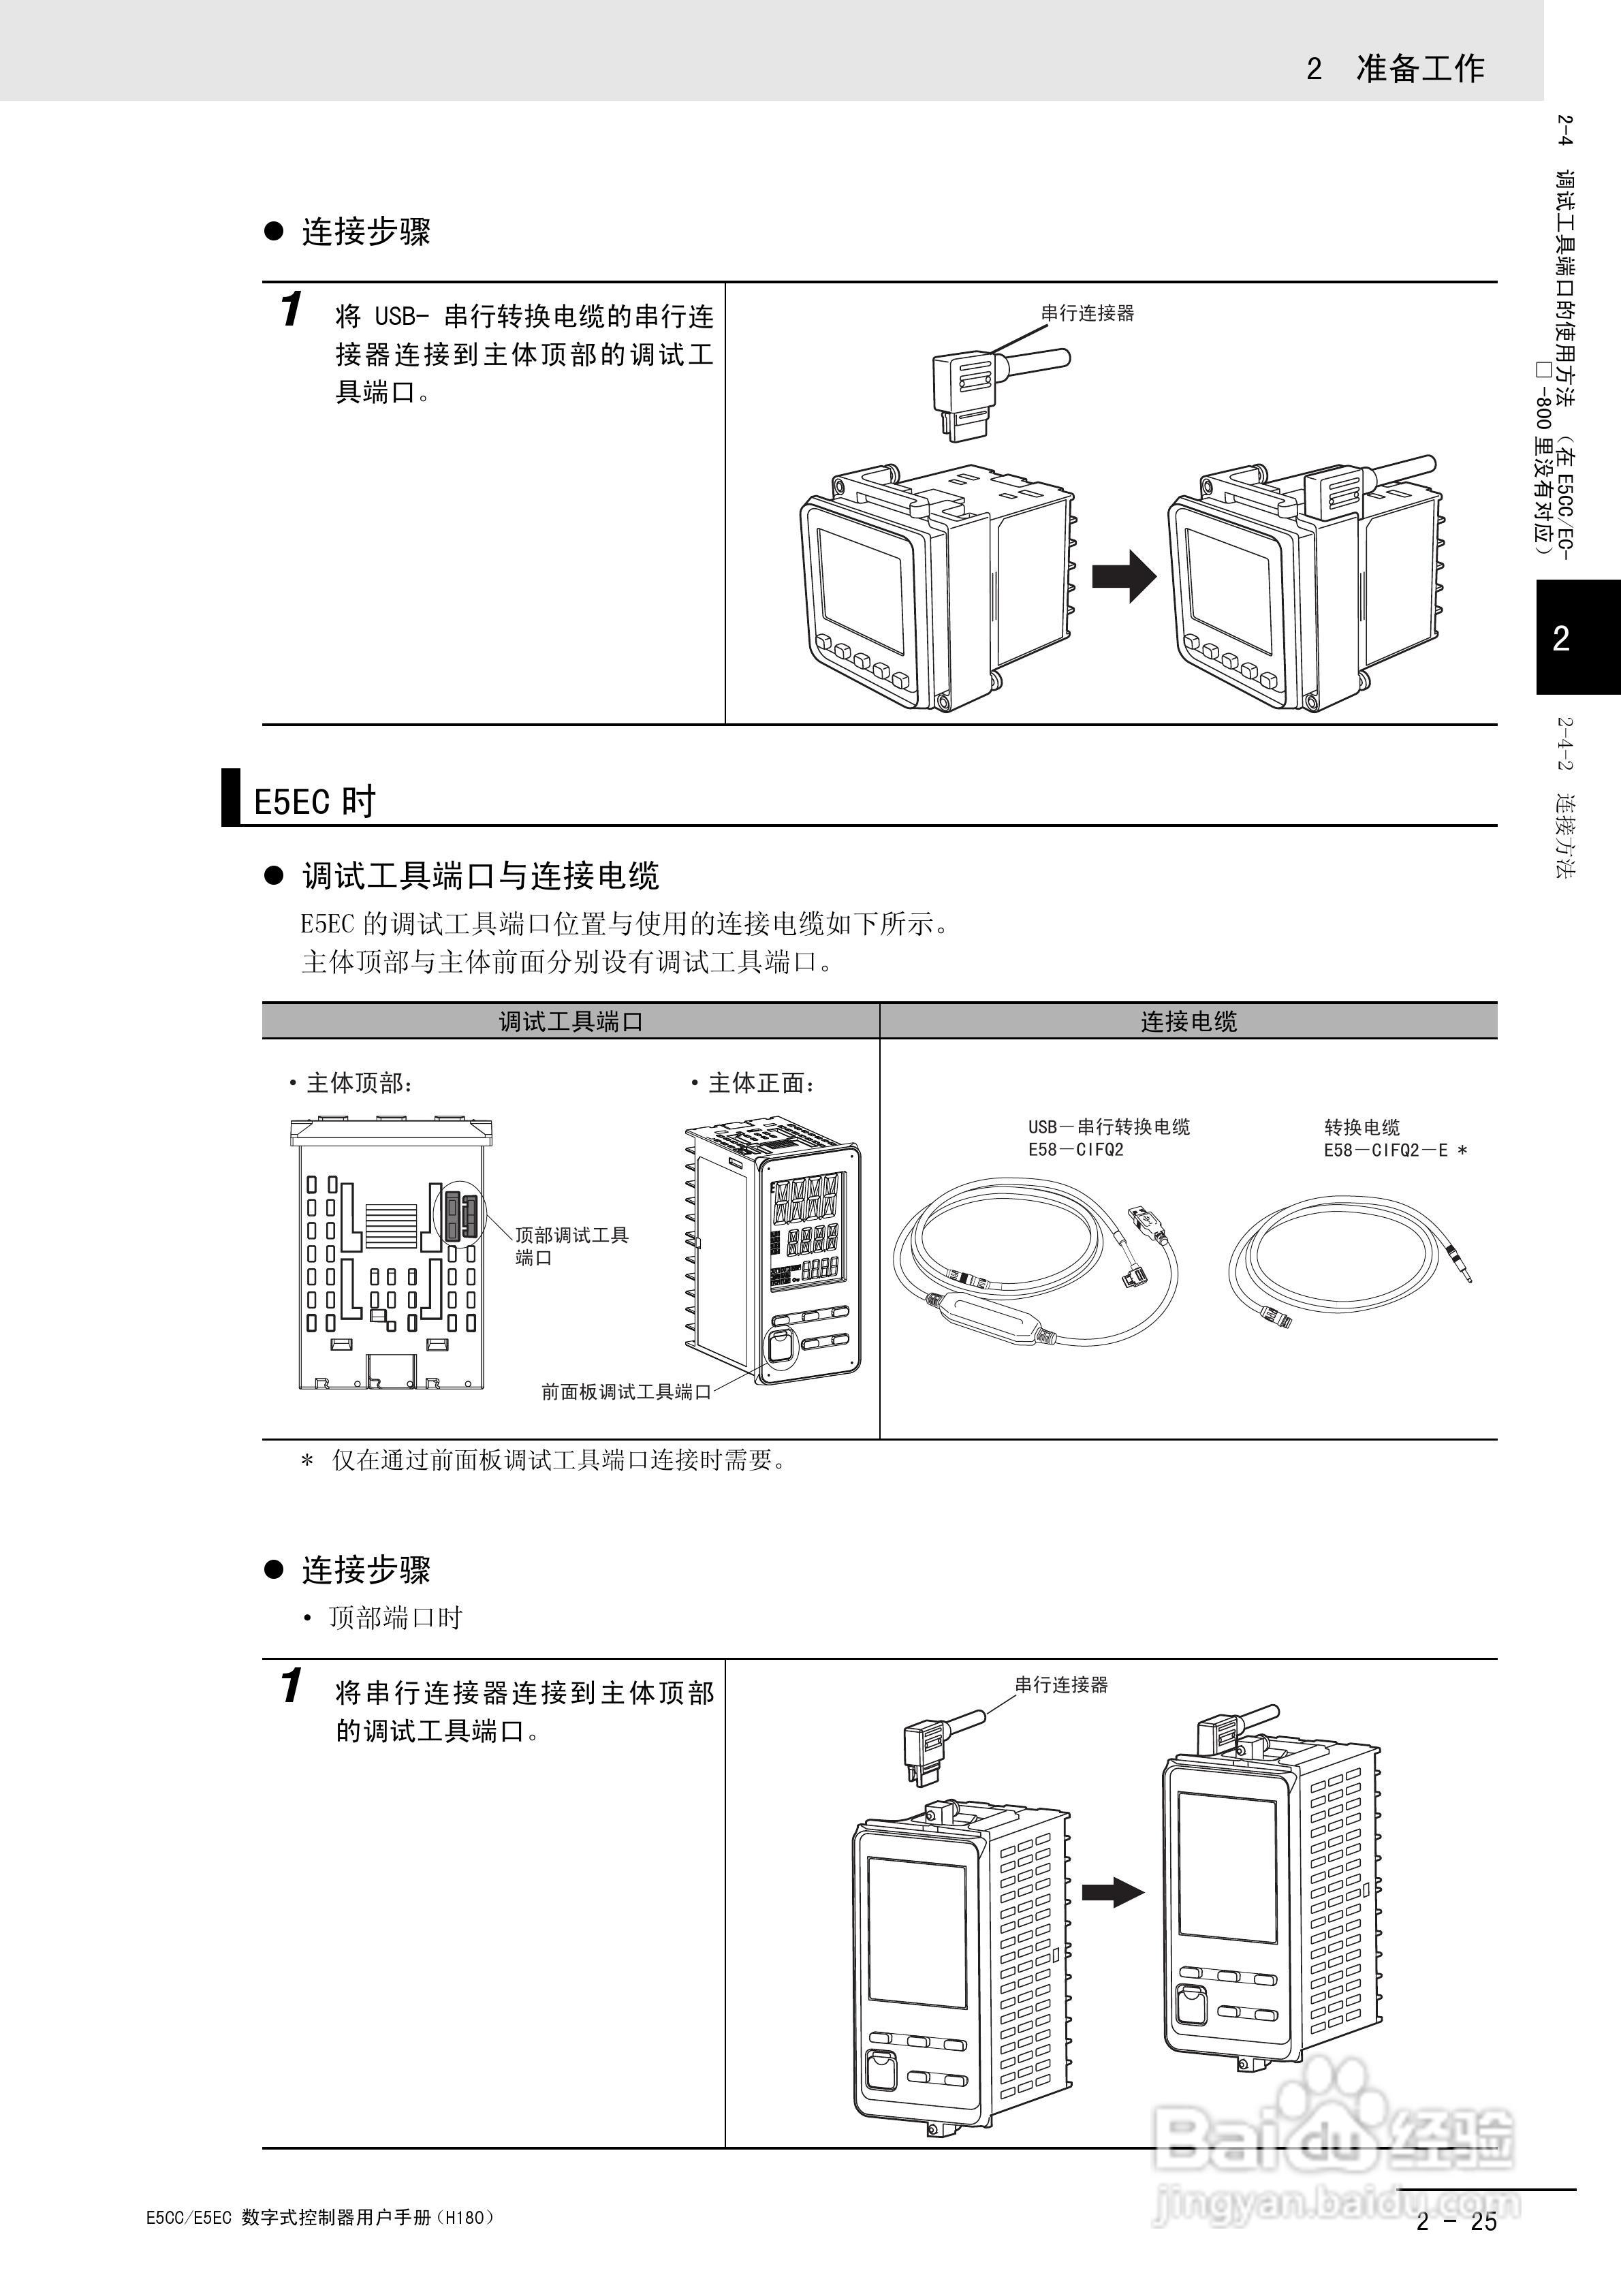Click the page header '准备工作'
click(1419, 68)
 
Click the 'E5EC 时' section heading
click(314, 801)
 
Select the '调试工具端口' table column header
click(571, 1021)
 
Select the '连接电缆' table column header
click(1189, 1021)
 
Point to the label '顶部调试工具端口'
click(571, 1246)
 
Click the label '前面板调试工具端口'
click(626, 1392)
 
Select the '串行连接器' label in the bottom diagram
click(1061, 1684)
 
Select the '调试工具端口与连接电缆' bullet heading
click(479, 876)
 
